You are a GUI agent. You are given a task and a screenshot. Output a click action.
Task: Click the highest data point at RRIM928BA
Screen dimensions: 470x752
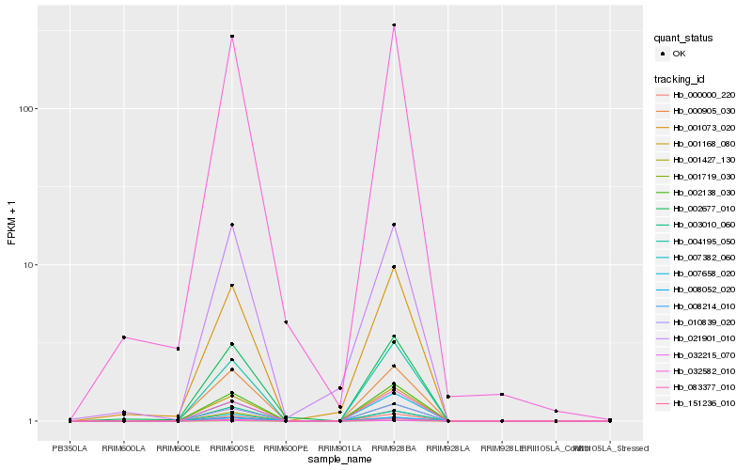(395, 25)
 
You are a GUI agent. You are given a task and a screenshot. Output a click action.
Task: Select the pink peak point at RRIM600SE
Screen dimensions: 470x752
(232, 37)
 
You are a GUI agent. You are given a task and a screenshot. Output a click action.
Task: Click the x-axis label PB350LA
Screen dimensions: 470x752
(70, 448)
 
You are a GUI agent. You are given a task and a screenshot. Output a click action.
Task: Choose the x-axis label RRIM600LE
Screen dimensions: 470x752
(178, 448)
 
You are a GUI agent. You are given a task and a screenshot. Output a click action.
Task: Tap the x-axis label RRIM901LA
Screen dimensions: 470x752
(340, 448)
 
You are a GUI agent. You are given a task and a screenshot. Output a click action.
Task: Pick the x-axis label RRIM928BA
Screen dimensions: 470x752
(395, 448)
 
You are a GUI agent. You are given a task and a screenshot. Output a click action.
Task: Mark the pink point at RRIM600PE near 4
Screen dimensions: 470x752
(286, 322)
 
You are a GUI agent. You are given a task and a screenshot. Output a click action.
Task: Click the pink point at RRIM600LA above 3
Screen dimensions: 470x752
(124, 337)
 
